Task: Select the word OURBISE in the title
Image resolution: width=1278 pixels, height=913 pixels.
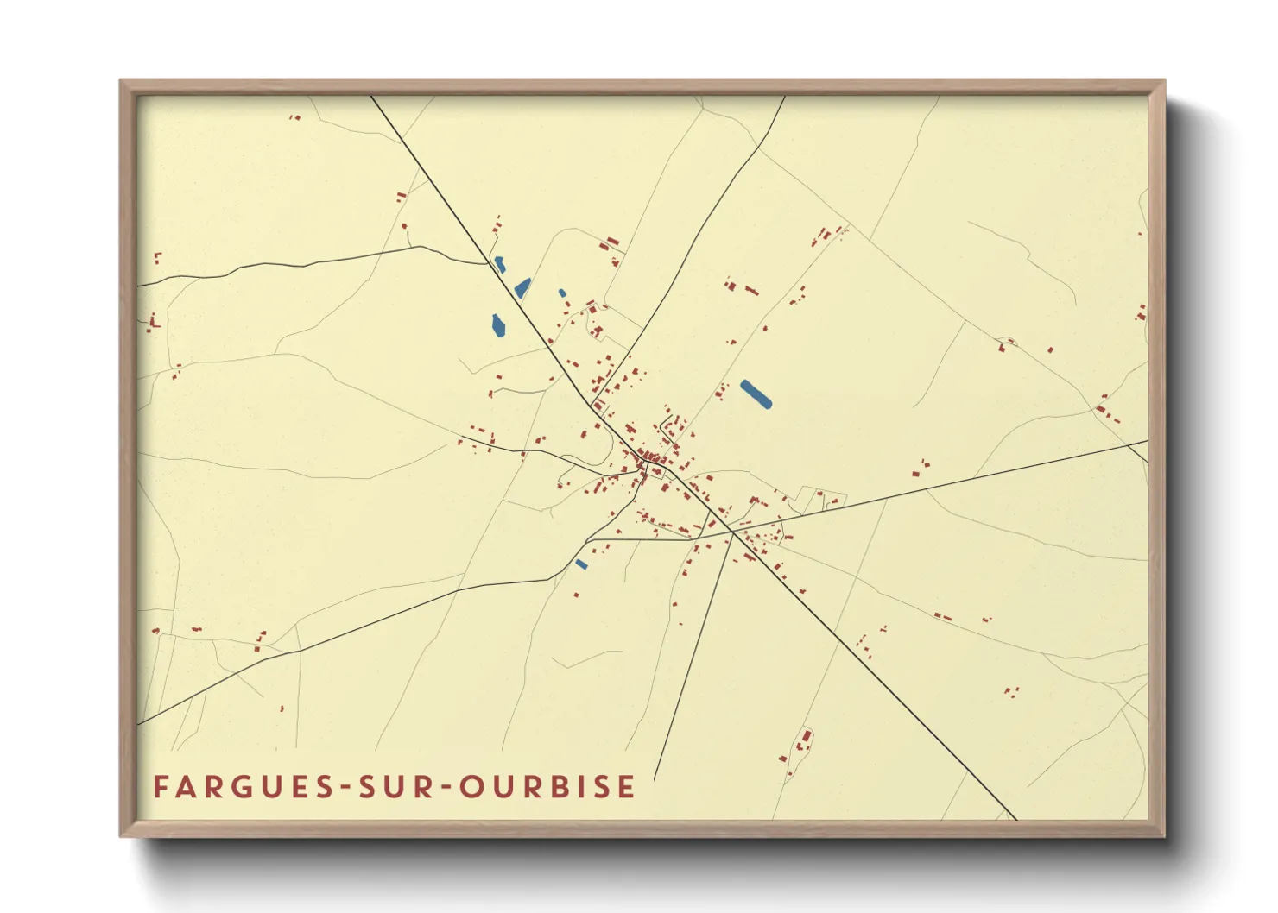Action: [547, 787]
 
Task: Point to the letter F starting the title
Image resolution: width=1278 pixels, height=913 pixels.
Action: [160, 787]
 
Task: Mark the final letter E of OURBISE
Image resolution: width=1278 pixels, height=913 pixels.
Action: [628, 787]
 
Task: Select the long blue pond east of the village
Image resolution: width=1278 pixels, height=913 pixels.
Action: [756, 394]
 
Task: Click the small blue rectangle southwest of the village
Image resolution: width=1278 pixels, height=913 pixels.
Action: [581, 565]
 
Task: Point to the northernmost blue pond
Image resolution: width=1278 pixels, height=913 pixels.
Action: [499, 265]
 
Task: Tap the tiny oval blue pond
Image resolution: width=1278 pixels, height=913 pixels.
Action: [562, 293]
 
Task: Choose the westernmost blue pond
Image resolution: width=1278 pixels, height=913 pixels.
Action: [498, 325]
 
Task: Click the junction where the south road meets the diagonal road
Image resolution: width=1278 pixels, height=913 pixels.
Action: [732, 532]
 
